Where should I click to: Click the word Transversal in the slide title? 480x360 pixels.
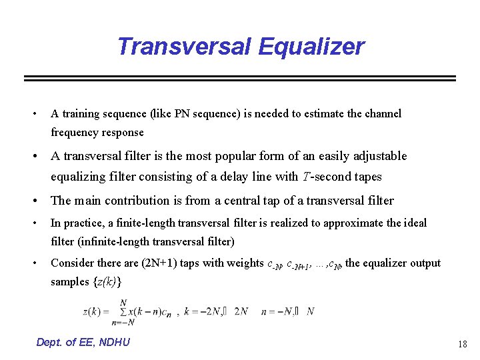183,47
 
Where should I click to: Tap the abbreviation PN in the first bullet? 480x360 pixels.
183,113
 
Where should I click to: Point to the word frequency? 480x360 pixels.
75,132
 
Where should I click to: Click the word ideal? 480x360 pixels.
415,223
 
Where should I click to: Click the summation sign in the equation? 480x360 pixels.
123,312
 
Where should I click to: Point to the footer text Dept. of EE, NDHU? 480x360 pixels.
83,342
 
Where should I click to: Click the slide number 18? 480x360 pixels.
462,344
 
